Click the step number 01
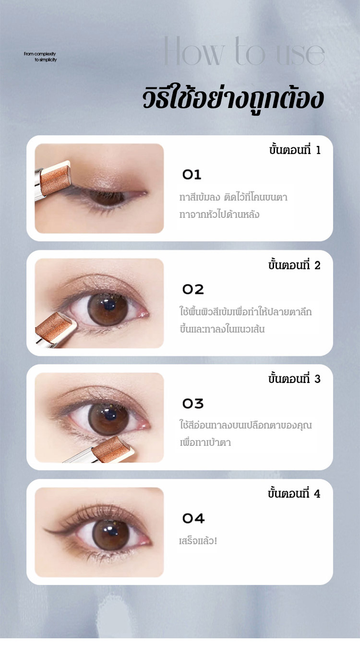[x=192, y=175]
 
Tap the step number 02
[x=193, y=289]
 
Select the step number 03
[x=193, y=404]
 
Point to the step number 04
[x=193, y=518]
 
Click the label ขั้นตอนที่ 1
[x=295, y=150]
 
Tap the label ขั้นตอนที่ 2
[x=294, y=265]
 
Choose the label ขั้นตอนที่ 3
[x=294, y=379]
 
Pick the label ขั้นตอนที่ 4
[x=294, y=493]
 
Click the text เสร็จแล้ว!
[x=198, y=541]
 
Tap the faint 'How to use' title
[x=244, y=51]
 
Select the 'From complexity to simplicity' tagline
[x=40, y=57]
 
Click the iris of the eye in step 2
[x=108, y=310]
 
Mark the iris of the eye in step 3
[x=108, y=419]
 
